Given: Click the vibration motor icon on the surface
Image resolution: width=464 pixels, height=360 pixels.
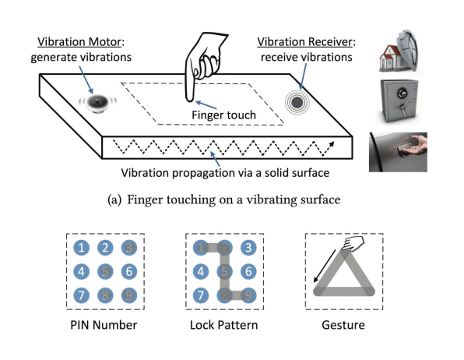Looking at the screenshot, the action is click(x=97, y=103).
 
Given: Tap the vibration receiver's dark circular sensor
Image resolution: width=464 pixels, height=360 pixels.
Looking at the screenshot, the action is click(x=297, y=102).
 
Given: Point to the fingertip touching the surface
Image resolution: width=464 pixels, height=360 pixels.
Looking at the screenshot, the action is click(x=190, y=98).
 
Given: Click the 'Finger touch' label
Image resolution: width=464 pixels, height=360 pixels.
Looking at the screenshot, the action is click(x=223, y=115).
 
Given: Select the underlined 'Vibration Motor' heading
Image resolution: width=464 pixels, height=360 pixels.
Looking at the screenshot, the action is click(x=79, y=42).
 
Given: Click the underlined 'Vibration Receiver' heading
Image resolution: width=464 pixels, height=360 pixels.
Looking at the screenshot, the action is click(x=305, y=42).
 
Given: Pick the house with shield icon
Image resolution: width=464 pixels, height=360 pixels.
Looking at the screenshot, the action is click(x=399, y=51).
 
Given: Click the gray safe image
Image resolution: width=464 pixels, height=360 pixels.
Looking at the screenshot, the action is click(x=399, y=101).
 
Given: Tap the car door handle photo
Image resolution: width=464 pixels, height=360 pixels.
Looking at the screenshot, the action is click(x=398, y=152).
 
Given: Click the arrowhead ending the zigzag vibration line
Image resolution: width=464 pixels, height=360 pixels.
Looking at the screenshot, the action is click(x=332, y=145).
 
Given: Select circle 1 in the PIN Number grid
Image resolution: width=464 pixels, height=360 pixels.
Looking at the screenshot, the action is click(x=82, y=248).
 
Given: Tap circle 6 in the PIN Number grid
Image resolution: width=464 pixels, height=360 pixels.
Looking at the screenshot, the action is click(x=129, y=271).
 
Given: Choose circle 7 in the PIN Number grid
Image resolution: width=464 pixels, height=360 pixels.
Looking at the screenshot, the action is click(x=82, y=295).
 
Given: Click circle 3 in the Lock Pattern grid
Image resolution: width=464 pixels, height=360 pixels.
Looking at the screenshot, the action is click(x=248, y=248).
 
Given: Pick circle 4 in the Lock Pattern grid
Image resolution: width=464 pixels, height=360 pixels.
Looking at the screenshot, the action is click(x=201, y=271).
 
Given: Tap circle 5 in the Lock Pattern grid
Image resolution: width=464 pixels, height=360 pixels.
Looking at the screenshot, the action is click(x=224, y=271).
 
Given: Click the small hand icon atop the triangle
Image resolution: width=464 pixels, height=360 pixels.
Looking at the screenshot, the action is click(x=353, y=244).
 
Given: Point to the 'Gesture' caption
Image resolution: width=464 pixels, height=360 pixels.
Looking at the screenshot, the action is click(x=343, y=325).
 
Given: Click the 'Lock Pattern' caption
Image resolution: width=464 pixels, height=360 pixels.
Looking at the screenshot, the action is click(x=224, y=325).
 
